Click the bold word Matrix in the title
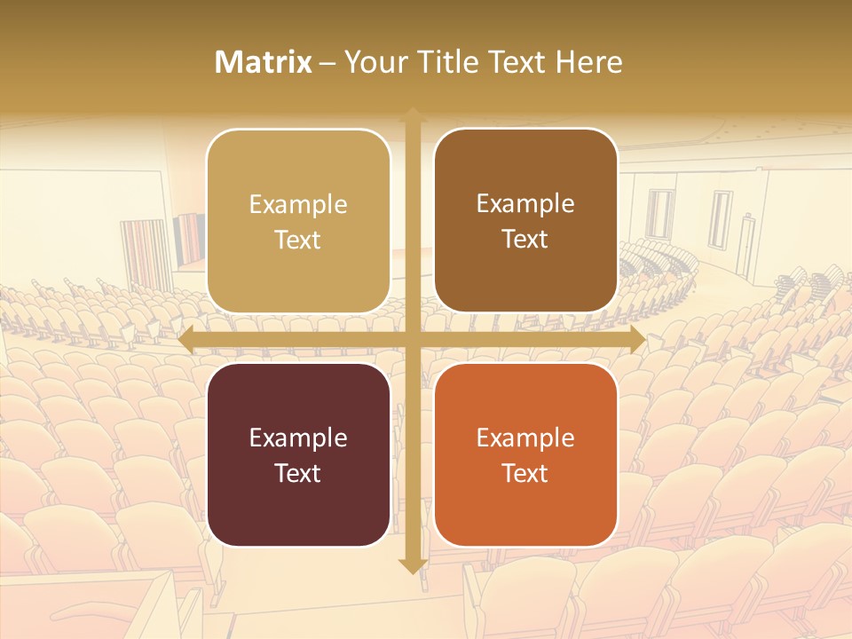point(264,62)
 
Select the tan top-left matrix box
point(298,221)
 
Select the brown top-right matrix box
point(525,221)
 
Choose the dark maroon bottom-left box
point(298,454)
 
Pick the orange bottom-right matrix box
point(525,454)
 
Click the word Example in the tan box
point(298,205)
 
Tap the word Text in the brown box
point(525,240)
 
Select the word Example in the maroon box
point(298,438)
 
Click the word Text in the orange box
point(525,473)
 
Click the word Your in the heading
point(374,62)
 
